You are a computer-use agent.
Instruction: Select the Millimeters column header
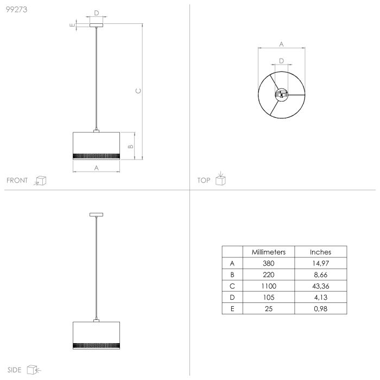[x=268, y=252]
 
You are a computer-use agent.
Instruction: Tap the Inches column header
[x=320, y=252]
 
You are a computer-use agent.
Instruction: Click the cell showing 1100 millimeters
[x=268, y=286]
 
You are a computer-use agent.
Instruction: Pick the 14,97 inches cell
[x=320, y=263]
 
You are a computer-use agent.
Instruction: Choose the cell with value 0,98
[x=320, y=309]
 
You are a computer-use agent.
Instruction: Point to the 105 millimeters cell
[x=268, y=297]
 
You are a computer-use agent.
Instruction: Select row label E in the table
[x=232, y=309]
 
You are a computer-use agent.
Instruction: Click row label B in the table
[x=232, y=275]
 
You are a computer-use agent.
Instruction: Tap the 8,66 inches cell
[x=320, y=275]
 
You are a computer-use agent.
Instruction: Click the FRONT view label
[x=17, y=181]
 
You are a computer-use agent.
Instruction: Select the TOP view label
[x=204, y=181]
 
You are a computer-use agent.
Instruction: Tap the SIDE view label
[x=15, y=370]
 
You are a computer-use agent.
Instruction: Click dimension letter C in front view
[x=138, y=91]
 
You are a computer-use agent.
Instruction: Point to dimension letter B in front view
[x=130, y=146]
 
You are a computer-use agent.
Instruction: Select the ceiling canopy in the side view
[x=96, y=216]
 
